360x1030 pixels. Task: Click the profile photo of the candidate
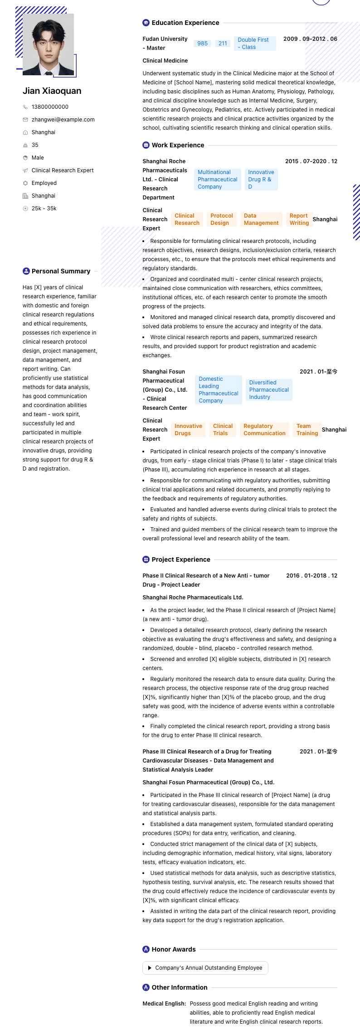tap(48, 44)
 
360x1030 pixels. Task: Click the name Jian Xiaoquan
tap(52, 91)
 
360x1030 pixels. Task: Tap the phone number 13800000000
tap(50, 107)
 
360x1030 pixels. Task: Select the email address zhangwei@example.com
tap(63, 120)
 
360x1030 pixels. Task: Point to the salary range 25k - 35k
tap(44, 209)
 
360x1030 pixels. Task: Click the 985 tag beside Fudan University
tap(202, 44)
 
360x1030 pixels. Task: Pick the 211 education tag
tap(222, 44)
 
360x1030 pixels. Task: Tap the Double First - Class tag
tap(254, 44)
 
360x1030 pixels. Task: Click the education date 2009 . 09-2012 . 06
tap(310, 39)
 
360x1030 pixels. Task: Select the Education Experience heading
tap(185, 23)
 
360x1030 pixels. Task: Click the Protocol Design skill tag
tap(221, 219)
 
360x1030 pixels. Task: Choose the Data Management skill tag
tap(261, 219)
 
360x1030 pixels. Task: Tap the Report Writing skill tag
tap(299, 219)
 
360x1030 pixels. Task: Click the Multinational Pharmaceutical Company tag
tap(217, 180)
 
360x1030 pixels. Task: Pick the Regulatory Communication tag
tap(264, 430)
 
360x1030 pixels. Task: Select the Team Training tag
tap(307, 430)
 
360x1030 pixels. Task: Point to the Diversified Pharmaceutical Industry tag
tap(269, 390)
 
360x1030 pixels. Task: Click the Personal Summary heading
tap(61, 271)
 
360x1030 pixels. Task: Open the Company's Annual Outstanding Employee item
tap(205, 967)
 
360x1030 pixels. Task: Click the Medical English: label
tap(164, 1004)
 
